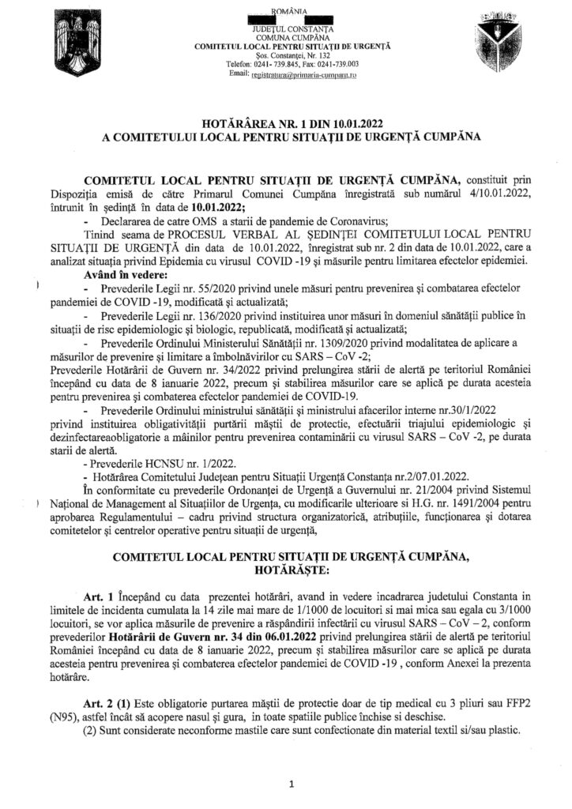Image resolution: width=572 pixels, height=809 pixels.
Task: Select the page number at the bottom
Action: point(291,785)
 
